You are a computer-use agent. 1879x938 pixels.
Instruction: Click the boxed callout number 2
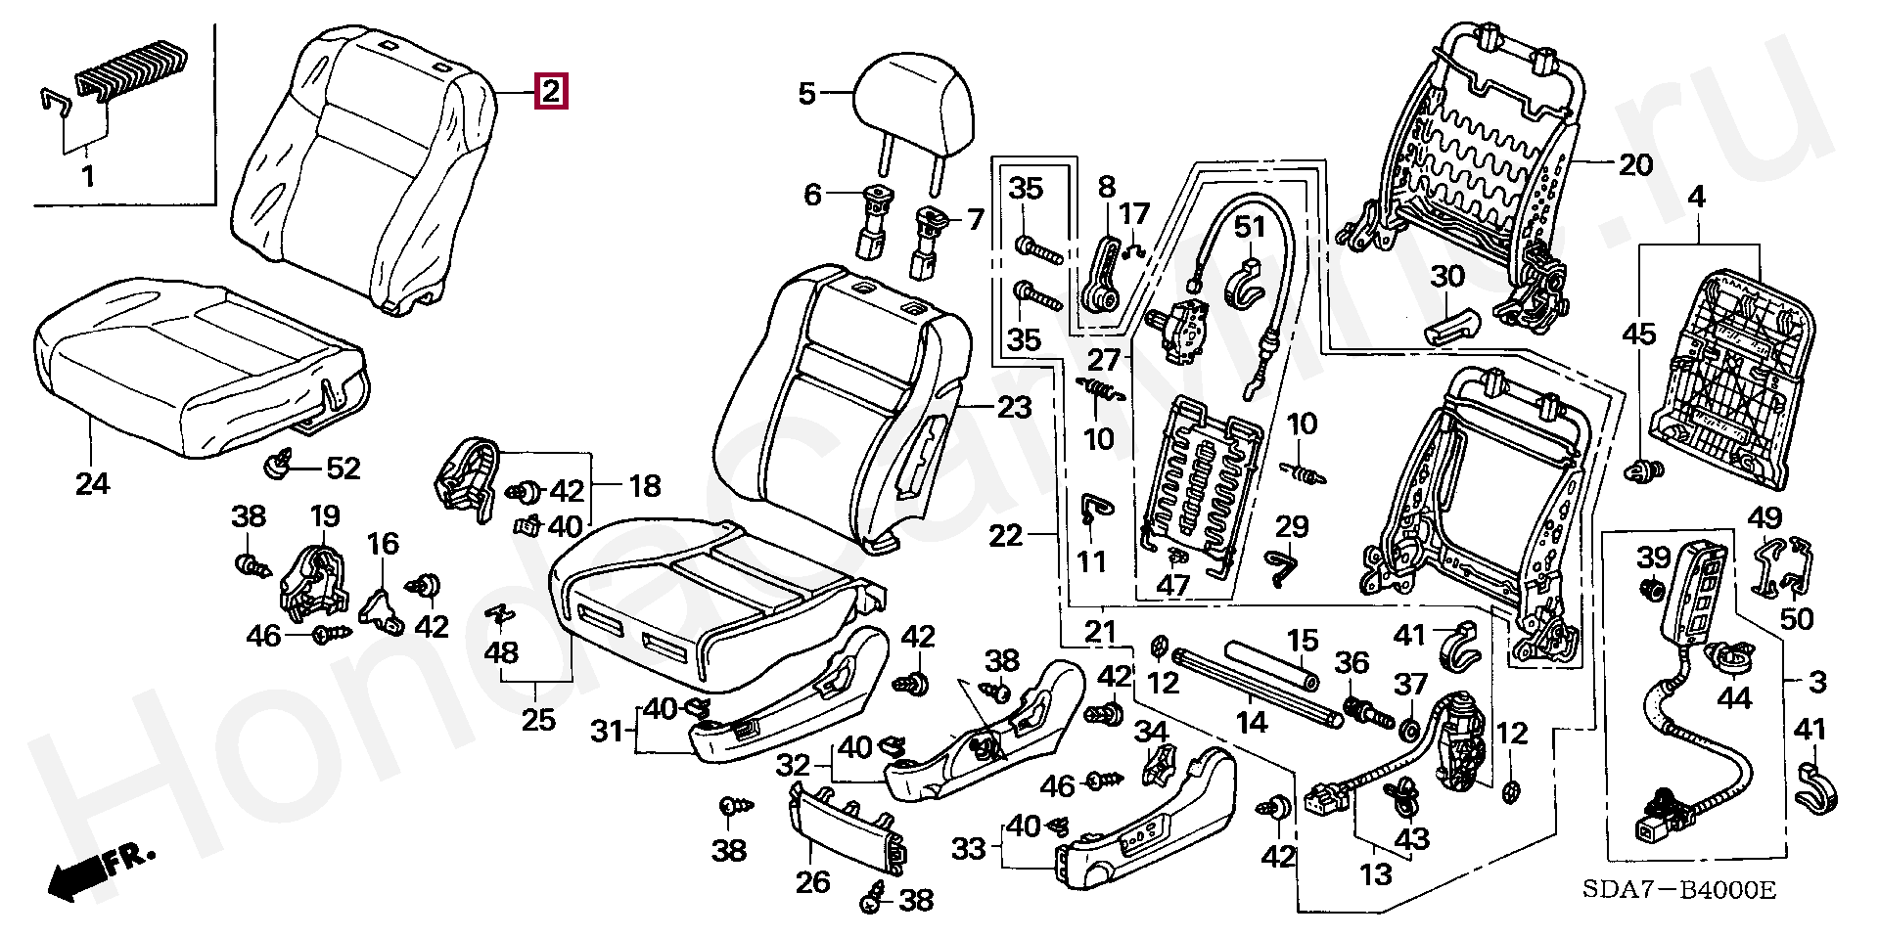click(551, 92)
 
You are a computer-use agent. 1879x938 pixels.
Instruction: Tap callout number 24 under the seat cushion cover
click(92, 482)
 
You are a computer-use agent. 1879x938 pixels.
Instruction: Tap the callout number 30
click(1447, 277)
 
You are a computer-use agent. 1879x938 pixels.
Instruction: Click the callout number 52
click(343, 469)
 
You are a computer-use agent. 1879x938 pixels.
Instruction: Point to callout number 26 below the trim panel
click(812, 881)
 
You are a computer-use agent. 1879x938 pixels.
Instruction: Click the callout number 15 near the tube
click(1303, 641)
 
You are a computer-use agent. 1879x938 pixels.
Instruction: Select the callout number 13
click(1376, 873)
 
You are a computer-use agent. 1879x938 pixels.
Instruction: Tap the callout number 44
click(1734, 698)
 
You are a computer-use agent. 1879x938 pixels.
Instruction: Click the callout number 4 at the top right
click(1696, 198)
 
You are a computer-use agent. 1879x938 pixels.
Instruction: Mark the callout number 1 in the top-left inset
click(88, 177)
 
